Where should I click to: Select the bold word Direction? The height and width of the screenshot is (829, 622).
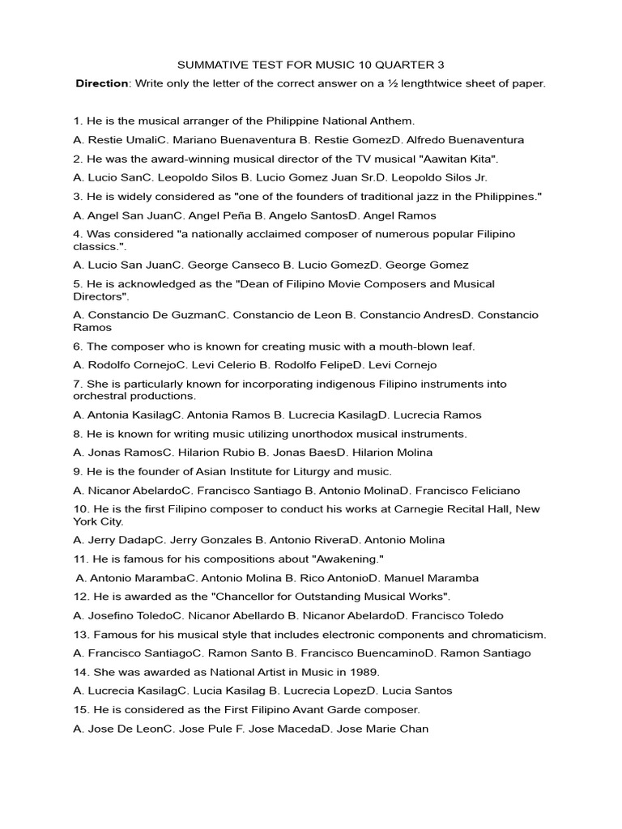(102, 83)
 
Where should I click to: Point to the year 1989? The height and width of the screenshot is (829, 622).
(364, 672)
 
